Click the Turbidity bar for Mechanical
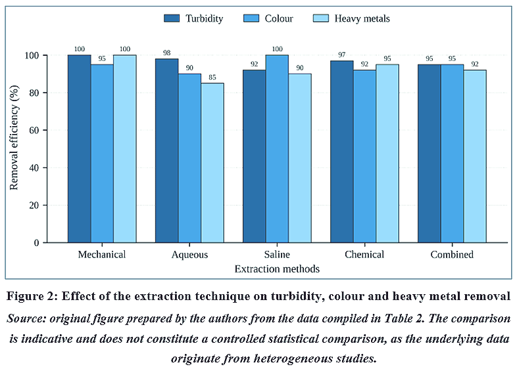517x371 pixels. [x=80, y=149]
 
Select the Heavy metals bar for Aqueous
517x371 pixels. [x=212, y=163]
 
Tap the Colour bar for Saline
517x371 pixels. [x=278, y=149]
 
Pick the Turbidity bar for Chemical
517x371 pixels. [x=342, y=152]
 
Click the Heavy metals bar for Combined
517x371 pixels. [x=475, y=156]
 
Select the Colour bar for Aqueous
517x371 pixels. [x=190, y=158]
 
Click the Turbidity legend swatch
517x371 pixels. [x=172, y=18]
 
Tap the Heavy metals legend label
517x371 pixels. [x=362, y=18]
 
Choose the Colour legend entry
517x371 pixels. [x=268, y=18]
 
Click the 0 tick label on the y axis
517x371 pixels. [x=36, y=243]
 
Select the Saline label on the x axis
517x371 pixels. [x=277, y=255]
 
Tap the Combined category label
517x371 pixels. [x=452, y=255]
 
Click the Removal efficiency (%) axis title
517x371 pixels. [x=14, y=138]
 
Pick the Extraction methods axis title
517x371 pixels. [x=277, y=269]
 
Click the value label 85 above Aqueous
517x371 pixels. [x=212, y=77]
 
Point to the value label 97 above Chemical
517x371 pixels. [x=341, y=55]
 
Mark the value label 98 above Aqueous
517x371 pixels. [x=167, y=53]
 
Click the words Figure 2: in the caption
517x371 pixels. [x=32, y=296]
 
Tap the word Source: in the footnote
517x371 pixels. [x=26, y=318]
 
